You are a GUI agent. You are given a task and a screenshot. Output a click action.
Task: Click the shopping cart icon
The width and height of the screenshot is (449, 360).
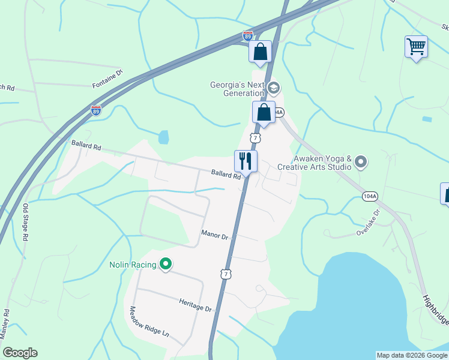coord(416,46)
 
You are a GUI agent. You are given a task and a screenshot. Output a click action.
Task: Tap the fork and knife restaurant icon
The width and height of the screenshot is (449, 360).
coord(245,161)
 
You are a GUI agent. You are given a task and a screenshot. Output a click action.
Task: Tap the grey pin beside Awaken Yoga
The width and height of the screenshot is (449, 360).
coord(361,161)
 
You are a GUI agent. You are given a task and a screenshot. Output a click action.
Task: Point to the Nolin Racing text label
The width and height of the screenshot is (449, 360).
coord(133,265)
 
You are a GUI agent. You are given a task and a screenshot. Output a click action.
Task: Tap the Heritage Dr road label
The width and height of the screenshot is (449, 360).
coord(196,305)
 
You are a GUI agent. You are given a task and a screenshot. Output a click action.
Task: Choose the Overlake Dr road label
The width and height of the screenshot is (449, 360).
coord(368,221)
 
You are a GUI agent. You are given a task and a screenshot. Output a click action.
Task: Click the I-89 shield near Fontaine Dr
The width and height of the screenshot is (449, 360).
coord(96,110)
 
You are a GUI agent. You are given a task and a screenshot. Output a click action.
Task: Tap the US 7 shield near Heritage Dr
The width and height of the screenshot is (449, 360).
coord(225,274)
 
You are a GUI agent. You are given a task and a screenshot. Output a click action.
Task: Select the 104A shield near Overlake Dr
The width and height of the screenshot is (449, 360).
coord(370,196)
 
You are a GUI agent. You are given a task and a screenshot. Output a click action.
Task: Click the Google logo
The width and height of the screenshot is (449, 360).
coord(20,353)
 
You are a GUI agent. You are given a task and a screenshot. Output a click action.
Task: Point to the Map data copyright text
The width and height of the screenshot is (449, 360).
coord(412,355)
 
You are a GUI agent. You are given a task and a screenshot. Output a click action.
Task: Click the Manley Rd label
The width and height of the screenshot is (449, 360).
coord(5,325)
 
